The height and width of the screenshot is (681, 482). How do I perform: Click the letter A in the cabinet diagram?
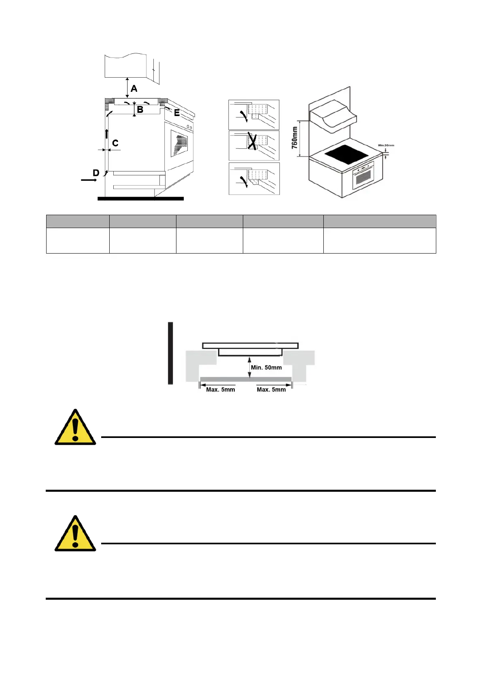pyautogui.click(x=134, y=89)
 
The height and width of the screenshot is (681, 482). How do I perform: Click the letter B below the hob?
pyautogui.click(x=140, y=110)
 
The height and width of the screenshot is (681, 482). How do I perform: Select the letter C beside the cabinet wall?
pyautogui.click(x=115, y=143)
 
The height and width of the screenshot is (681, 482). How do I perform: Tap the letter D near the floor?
pyautogui.click(x=96, y=173)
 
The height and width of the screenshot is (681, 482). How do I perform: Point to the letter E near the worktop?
pyautogui.click(x=177, y=113)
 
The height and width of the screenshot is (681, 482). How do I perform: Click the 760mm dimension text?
pyautogui.click(x=295, y=137)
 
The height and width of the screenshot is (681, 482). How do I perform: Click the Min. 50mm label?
pyautogui.click(x=266, y=368)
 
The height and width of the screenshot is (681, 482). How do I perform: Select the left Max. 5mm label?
pyautogui.click(x=221, y=389)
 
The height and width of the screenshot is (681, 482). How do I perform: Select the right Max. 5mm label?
pyautogui.click(x=271, y=389)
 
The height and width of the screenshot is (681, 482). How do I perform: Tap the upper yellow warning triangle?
pyautogui.click(x=75, y=429)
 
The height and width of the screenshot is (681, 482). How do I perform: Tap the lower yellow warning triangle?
pyautogui.click(x=75, y=535)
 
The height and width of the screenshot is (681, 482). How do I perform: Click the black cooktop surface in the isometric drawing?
pyautogui.click(x=346, y=154)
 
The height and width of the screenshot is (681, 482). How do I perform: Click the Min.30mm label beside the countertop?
pyautogui.click(x=386, y=145)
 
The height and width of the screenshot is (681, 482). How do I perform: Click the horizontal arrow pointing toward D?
pyautogui.click(x=89, y=180)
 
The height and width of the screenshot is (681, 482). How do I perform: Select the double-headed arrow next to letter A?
pyautogui.click(x=127, y=88)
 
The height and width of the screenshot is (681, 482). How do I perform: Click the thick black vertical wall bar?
pyautogui.click(x=171, y=353)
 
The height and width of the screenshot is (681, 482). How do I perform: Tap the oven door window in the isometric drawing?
pyautogui.click(x=362, y=177)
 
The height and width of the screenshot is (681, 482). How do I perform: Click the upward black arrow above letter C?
pyautogui.click(x=107, y=134)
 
